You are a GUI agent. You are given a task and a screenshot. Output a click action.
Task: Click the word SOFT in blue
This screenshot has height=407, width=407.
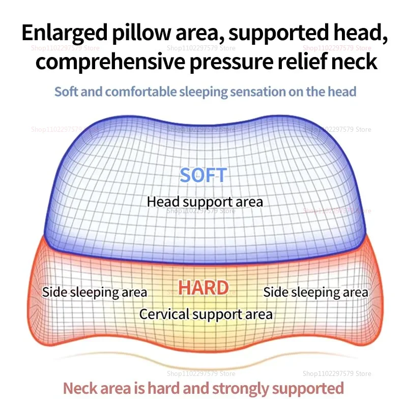(203, 175)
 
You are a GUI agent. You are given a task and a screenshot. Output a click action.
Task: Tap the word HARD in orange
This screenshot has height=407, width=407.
(203, 287)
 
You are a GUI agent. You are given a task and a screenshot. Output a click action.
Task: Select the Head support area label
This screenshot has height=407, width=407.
(205, 202)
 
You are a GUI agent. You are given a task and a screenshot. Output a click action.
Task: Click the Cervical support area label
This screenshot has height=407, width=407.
(206, 314)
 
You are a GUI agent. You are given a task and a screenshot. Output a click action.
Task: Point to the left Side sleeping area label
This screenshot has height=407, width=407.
(95, 293)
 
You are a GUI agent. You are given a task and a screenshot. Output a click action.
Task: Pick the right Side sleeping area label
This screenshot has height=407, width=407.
(315, 293)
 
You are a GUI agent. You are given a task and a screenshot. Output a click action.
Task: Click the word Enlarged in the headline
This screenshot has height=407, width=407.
(65, 34)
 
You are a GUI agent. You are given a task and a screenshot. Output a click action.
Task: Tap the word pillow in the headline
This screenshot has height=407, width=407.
(141, 33)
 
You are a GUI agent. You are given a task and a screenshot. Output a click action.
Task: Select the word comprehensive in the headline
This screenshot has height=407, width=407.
(110, 62)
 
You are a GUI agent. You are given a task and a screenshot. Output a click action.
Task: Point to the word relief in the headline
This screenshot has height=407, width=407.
(302, 61)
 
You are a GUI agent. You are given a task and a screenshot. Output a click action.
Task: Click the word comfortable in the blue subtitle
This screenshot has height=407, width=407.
(141, 92)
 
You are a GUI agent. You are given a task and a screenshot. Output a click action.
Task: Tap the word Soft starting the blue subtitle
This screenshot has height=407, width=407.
(66, 92)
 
